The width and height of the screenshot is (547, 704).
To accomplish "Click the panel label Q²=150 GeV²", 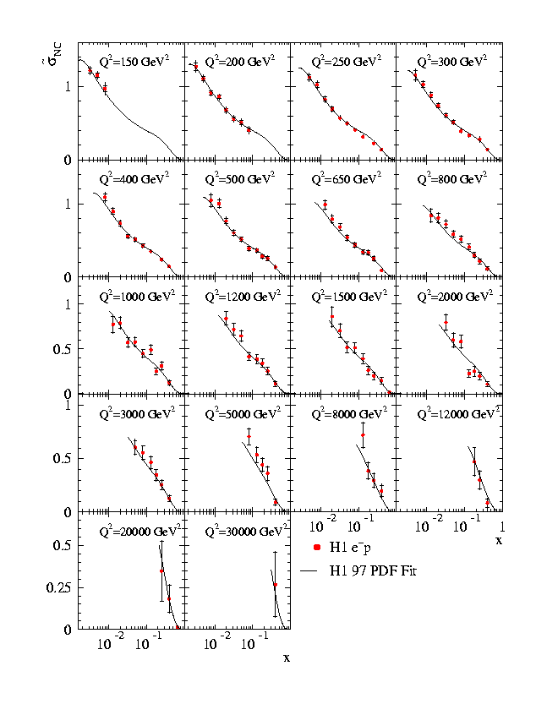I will [x=134, y=63].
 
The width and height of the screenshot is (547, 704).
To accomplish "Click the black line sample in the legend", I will [x=315, y=570].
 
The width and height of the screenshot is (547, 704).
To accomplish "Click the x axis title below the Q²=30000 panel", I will [x=287, y=657].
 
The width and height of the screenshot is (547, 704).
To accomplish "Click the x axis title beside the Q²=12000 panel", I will [x=499, y=540].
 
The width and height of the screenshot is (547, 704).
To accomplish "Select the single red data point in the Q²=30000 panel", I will [x=275, y=584].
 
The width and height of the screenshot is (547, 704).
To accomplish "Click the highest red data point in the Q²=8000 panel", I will [x=363, y=435].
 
